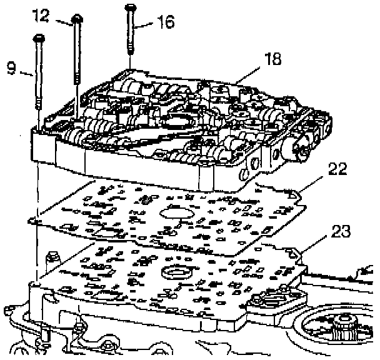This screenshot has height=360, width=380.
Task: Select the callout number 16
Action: [x=166, y=23]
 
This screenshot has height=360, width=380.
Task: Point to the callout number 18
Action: [x=272, y=59]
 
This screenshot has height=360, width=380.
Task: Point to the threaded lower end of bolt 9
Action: [x=38, y=119]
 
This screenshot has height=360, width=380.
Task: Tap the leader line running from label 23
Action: [x=316, y=244]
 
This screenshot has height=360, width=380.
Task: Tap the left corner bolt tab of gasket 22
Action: [x=35, y=220]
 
